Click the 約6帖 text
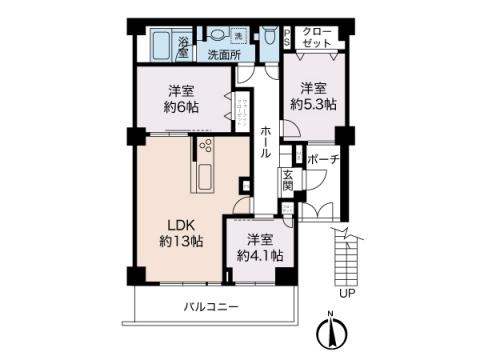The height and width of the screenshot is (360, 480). tap(182, 107)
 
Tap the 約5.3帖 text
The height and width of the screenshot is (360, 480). tap(313, 103)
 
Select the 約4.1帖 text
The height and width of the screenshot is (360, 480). tap(259, 256)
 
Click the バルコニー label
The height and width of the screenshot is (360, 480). tap(210, 306)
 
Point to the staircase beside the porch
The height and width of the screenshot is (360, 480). tap(344, 254)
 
